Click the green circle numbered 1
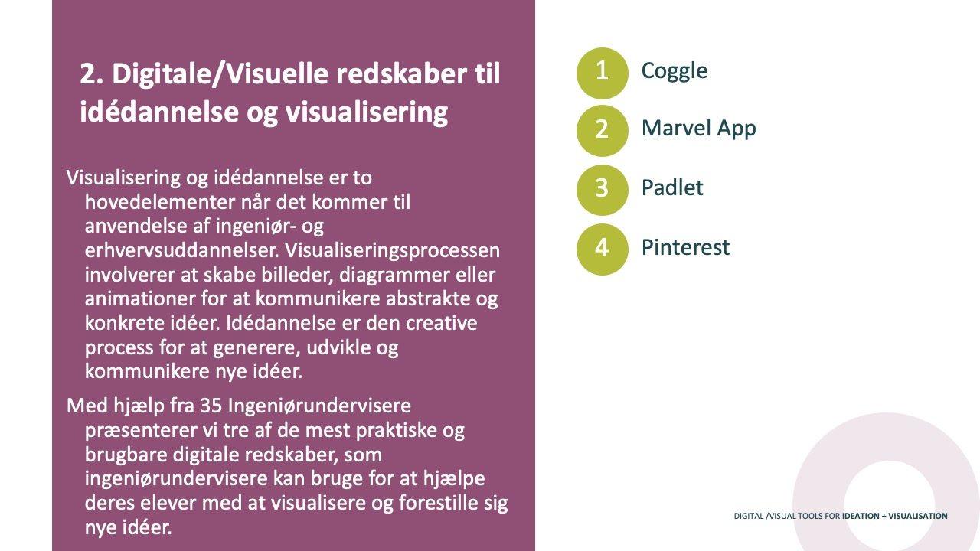[602, 73]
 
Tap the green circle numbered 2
[602, 131]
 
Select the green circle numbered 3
[602, 190]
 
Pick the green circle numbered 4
[602, 249]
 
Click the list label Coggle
[675, 71]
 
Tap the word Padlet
[672, 187]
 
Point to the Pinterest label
[685, 247]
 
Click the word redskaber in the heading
[401, 73]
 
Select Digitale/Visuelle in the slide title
[220, 74]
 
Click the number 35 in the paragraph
[211, 406]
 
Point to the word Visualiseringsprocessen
[392, 251]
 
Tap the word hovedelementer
[160, 202]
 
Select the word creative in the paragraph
[442, 323]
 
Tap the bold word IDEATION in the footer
[861, 516]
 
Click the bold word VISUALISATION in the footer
[918, 516]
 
